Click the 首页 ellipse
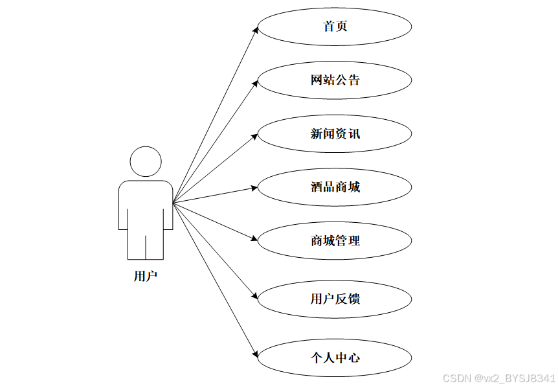(x=335, y=27)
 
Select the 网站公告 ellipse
(x=335, y=80)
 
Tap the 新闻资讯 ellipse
(x=335, y=134)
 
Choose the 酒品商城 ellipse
(x=335, y=187)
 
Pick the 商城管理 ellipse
(x=335, y=241)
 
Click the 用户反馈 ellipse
(x=335, y=299)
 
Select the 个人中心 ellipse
(x=335, y=357)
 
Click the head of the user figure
(x=146, y=161)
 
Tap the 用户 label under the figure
(x=146, y=277)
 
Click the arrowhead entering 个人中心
(x=254, y=353)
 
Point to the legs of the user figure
(x=146, y=243)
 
